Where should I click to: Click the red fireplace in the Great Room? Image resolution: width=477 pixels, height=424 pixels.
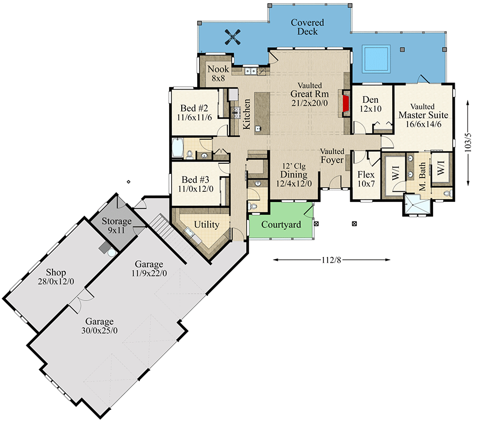tap(346, 103)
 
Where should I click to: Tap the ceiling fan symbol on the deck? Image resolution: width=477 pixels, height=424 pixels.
tap(233, 37)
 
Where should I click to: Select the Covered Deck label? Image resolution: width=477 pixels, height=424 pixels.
tap(307, 27)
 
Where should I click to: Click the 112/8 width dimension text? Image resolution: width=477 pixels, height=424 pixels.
tap(331, 260)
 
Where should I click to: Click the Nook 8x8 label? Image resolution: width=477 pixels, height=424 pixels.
tap(218, 73)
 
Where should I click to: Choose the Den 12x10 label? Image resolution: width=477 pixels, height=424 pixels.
tap(370, 104)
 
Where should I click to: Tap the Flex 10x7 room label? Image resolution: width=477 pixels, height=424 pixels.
tap(366, 179)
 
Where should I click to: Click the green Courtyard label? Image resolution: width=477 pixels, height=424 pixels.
tap(281, 225)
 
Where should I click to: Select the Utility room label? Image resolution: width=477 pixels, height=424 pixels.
tap(207, 225)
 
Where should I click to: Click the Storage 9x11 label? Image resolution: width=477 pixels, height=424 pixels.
tap(117, 225)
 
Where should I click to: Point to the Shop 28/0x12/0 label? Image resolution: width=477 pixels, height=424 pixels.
tap(56, 277)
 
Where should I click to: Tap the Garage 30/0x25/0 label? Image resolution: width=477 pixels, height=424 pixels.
tap(100, 326)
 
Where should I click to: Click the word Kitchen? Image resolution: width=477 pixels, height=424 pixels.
tap(246, 114)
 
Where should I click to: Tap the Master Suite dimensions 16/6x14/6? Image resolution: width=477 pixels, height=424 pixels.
tap(423, 124)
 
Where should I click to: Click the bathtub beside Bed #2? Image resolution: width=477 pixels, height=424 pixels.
tap(178, 148)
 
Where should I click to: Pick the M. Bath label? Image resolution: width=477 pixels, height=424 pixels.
tap(422, 176)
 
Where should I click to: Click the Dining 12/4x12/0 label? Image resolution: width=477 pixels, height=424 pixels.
tap(294, 179)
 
